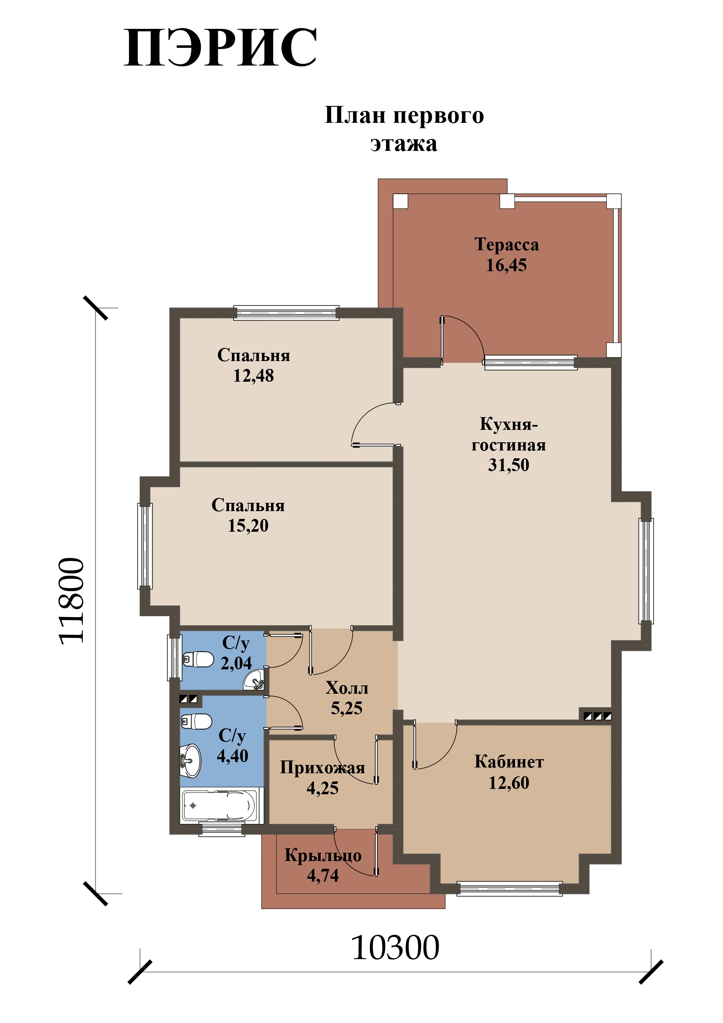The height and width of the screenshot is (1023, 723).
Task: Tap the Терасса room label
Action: [506, 244]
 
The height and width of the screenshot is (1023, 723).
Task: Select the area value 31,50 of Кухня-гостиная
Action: [509, 465]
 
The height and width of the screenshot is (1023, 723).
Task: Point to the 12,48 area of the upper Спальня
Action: [253, 375]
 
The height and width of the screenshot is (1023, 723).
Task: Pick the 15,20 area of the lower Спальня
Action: [248, 526]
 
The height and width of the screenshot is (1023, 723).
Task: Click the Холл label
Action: [346, 688]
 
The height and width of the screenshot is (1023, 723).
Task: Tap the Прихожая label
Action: [323, 768]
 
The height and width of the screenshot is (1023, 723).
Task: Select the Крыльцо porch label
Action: [323, 856]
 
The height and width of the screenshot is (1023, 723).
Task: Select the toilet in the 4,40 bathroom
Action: [196, 721]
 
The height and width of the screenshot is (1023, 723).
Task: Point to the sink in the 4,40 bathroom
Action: [191, 761]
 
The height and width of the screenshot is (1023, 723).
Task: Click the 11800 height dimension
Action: [71, 601]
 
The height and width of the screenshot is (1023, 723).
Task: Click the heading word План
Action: [355, 115]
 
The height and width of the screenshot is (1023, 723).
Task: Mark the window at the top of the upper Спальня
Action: [286, 313]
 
